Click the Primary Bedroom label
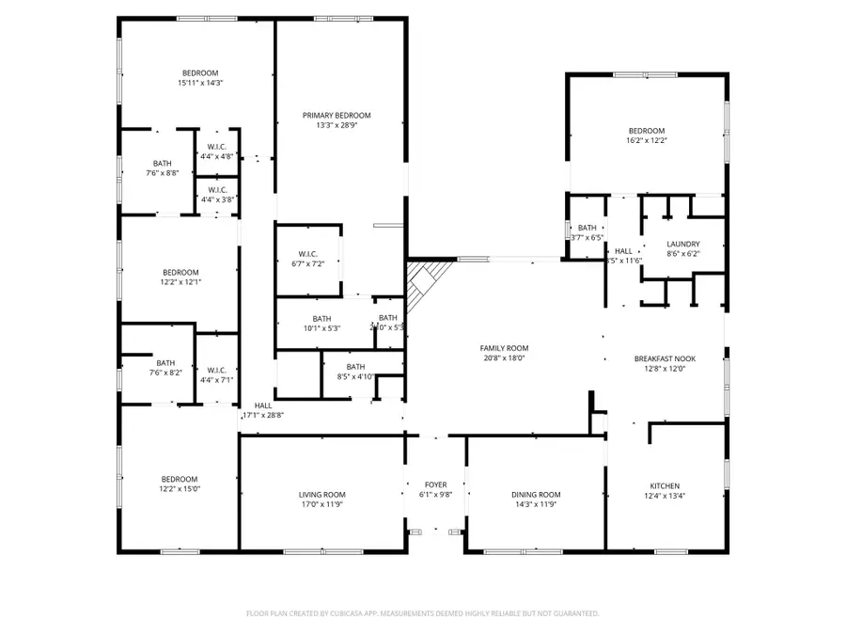337,115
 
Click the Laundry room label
682,244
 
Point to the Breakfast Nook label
664,358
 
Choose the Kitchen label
664,485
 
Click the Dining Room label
536,494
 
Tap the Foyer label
435,485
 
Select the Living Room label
322,494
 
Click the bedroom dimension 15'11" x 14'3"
200,83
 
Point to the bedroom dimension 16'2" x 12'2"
647,140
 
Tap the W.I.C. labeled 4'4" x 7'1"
216,374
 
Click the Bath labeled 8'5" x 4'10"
355,372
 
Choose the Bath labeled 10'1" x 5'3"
322,323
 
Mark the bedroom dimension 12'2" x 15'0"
179,488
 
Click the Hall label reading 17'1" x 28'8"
263,410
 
